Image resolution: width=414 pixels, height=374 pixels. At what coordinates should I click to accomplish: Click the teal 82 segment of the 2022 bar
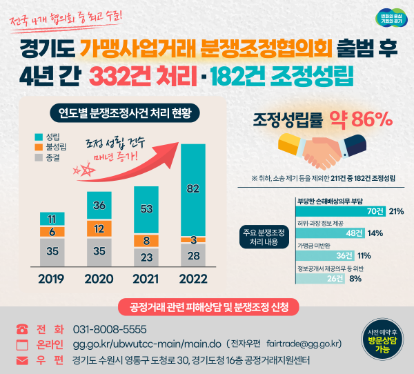193,188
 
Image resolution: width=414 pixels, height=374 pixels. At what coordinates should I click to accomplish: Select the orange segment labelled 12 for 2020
99,228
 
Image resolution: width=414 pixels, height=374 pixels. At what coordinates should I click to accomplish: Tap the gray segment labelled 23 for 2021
146,256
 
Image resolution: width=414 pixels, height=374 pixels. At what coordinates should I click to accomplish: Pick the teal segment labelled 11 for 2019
52,219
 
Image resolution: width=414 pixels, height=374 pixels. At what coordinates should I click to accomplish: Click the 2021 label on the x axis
146,279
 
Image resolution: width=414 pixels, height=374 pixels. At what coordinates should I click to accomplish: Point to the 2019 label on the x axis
52,279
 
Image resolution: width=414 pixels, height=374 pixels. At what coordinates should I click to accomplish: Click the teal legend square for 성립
39,136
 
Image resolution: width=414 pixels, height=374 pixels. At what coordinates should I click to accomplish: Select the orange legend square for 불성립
39,146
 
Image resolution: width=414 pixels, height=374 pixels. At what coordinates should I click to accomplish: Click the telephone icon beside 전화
22,329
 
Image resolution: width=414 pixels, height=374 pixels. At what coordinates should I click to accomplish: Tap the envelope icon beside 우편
22,360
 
